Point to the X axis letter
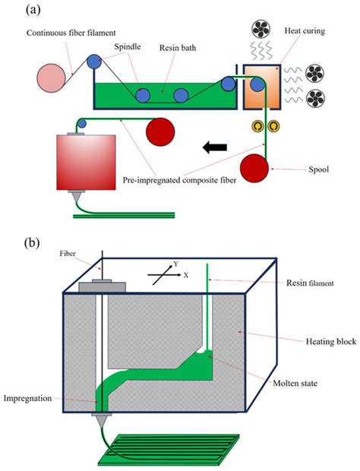coord(185,275)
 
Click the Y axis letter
coord(175,265)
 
